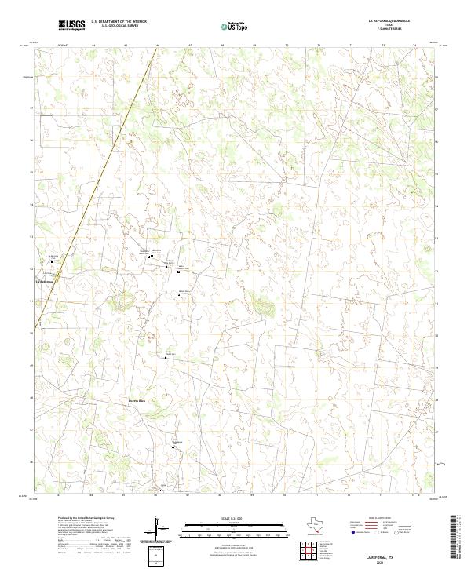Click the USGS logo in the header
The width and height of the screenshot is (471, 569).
pyautogui.click(x=72, y=25)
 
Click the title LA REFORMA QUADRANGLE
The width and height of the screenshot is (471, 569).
pyautogui.click(x=388, y=21)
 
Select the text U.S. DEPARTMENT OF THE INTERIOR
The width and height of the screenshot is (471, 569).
pyautogui.click(x=119, y=22)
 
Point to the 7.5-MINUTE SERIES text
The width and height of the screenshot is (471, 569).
pyautogui.click(x=388, y=29)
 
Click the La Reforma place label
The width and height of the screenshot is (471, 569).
pyautogui.click(x=44, y=279)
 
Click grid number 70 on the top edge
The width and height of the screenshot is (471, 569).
pyautogui.click(x=287, y=46)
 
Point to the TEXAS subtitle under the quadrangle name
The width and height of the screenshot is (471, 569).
pyautogui.click(x=388, y=25)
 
